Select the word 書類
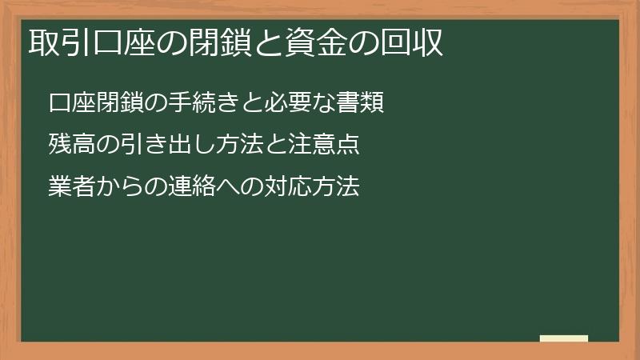tap(361, 104)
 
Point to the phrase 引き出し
tap(170, 146)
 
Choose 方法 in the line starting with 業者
tap(337, 187)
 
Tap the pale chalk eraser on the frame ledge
tap(564, 339)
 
